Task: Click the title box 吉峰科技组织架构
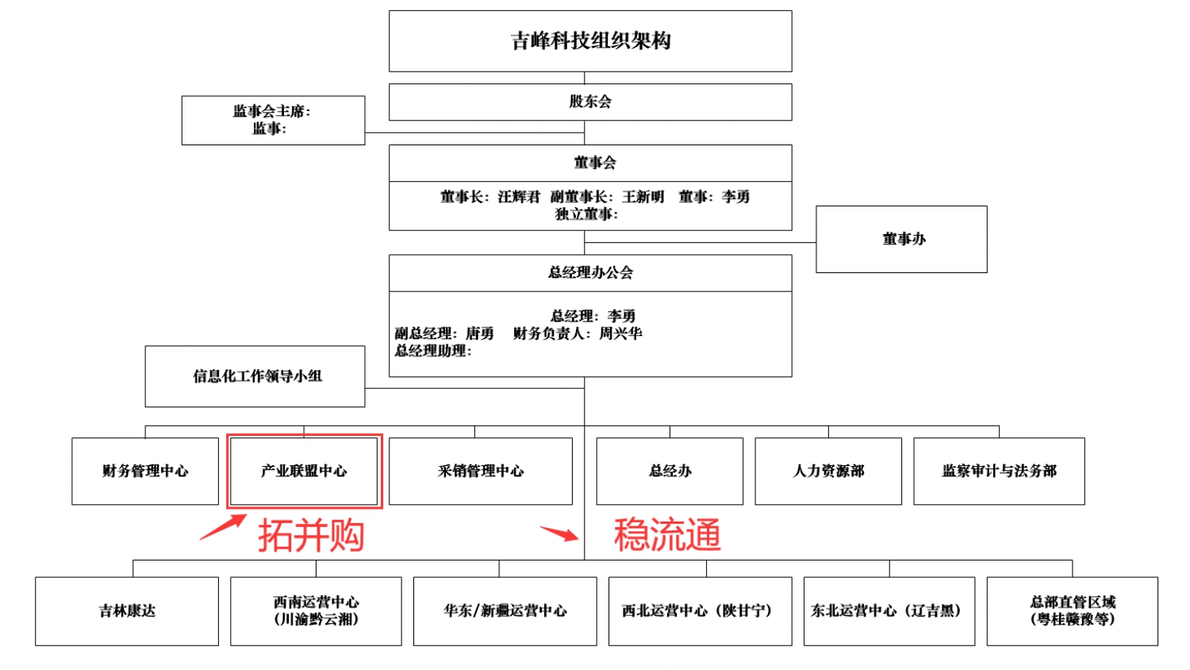click(x=590, y=41)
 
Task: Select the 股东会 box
click(x=590, y=102)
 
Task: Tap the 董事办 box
click(x=901, y=239)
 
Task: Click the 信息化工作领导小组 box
click(x=255, y=376)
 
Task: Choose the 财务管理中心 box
click(x=145, y=471)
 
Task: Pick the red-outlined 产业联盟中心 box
click(x=304, y=471)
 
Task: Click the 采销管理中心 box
click(x=481, y=471)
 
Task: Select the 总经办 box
click(x=670, y=471)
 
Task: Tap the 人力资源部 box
click(x=828, y=471)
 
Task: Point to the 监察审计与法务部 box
click(x=999, y=471)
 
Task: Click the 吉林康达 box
click(x=127, y=610)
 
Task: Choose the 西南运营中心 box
click(x=316, y=610)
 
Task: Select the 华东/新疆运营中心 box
click(x=505, y=610)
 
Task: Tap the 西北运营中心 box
click(x=700, y=610)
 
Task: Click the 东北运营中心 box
click(x=889, y=610)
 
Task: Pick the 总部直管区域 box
click(x=1072, y=610)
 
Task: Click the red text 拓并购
click(x=311, y=535)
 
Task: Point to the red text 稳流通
click(x=667, y=534)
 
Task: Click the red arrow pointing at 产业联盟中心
click(x=223, y=528)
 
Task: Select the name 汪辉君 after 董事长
click(x=519, y=197)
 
